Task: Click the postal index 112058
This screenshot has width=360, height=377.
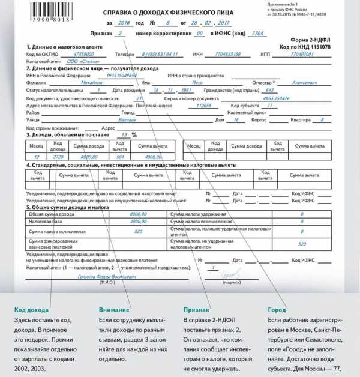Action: [204, 105]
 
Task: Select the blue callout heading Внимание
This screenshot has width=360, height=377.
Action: [113, 310]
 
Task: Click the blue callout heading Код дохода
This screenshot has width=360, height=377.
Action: [29, 310]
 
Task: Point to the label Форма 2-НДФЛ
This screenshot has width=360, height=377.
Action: [309, 40]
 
